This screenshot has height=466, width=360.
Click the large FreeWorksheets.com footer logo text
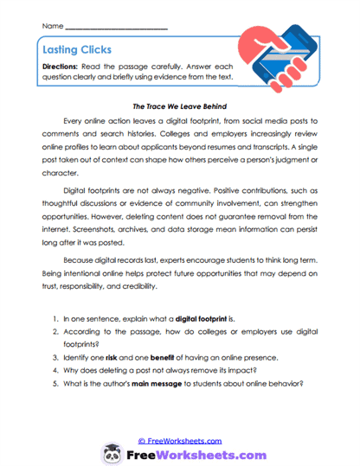190,441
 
